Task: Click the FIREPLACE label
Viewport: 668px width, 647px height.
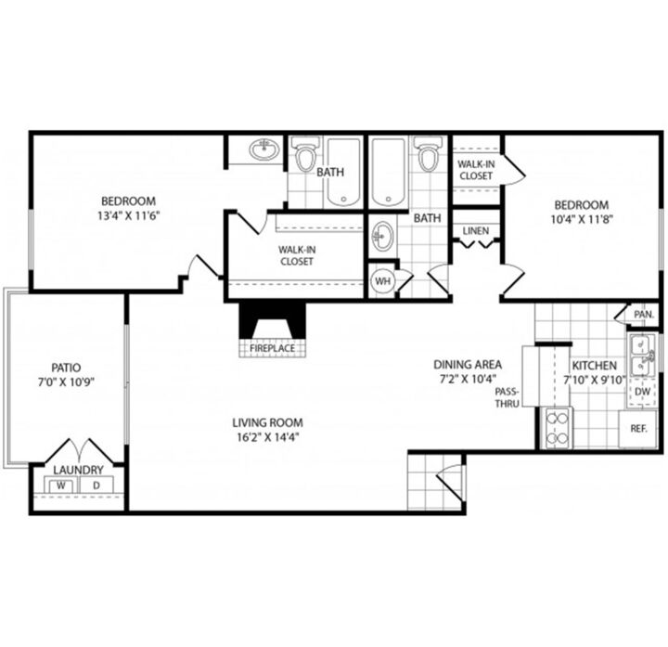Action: point(272,348)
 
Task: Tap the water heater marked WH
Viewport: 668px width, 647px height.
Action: point(383,281)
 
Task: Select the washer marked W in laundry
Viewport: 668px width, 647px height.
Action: point(61,485)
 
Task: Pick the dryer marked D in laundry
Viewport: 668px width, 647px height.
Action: point(96,485)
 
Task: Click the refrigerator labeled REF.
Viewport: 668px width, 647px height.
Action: point(637,429)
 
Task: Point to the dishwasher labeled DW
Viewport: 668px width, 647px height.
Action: point(642,391)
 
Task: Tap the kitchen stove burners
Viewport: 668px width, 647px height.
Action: point(557,428)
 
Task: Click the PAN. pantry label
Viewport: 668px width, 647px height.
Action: point(644,315)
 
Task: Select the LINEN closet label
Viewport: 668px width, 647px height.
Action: point(476,231)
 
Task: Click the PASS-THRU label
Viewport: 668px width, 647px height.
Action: point(507,397)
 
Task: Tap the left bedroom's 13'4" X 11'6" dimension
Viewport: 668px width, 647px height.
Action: point(128,215)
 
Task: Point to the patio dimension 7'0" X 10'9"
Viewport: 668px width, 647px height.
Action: point(66,382)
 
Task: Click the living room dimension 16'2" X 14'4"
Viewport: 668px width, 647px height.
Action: point(267,437)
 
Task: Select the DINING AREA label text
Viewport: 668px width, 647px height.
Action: point(468,365)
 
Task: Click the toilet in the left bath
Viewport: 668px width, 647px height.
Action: point(305,154)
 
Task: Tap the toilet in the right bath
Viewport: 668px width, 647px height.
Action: point(428,154)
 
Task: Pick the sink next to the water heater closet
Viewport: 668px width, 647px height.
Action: point(381,236)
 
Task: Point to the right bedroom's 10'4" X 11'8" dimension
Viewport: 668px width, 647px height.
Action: point(582,219)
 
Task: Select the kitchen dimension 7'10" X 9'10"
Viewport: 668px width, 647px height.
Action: point(595,380)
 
